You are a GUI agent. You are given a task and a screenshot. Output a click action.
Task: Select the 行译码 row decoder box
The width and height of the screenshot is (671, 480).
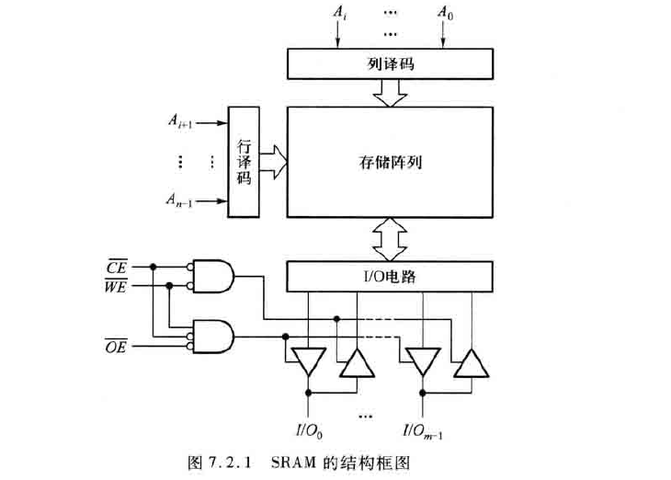coord(244,162)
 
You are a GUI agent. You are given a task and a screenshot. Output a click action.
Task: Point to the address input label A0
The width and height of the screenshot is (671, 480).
coord(444,13)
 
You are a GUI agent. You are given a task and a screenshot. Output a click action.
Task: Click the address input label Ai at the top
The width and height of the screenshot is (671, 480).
coord(338,13)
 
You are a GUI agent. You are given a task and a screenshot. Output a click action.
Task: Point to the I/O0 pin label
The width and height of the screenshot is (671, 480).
coord(307,429)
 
